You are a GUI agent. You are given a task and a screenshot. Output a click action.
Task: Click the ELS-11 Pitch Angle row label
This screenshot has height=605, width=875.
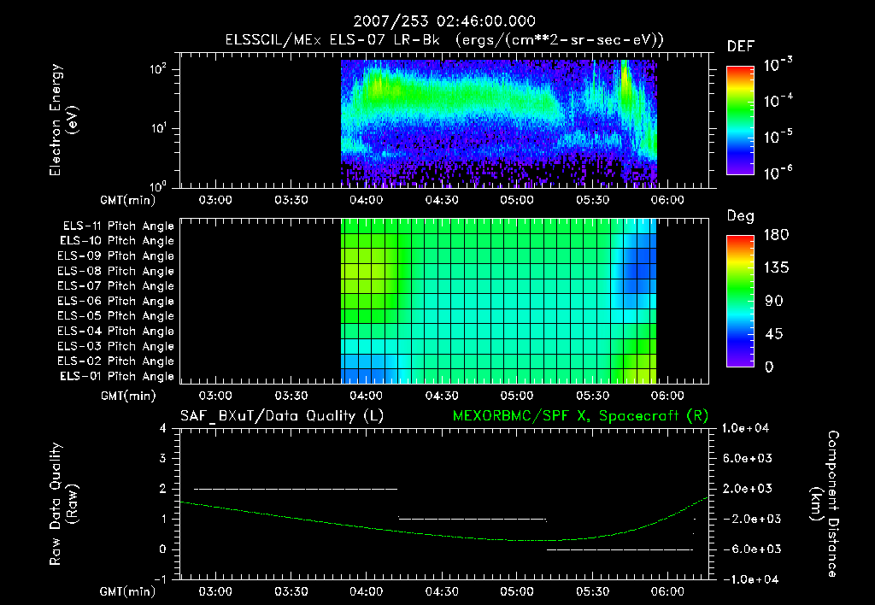117,226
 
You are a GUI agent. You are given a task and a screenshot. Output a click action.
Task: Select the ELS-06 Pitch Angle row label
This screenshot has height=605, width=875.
117,301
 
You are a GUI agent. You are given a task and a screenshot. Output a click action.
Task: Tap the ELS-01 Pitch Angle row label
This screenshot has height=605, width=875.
117,376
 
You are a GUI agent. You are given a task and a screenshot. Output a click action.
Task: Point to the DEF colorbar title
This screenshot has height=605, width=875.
740,47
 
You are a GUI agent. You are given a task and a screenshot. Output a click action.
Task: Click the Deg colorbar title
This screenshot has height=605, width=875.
740,216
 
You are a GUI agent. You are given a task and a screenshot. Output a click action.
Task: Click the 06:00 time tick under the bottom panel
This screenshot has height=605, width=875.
667,591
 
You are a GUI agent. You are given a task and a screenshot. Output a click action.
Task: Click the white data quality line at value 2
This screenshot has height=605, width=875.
296,489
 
